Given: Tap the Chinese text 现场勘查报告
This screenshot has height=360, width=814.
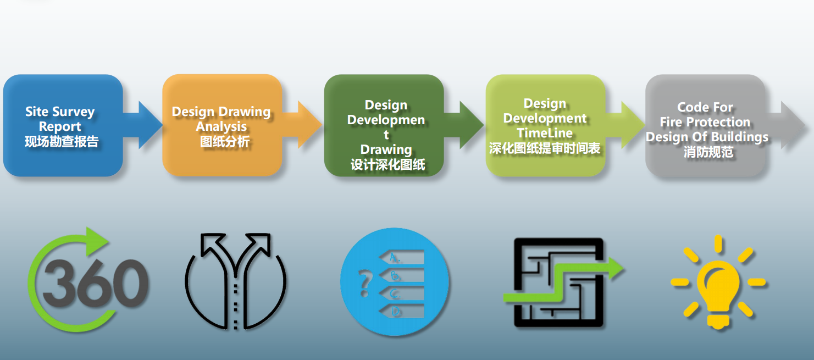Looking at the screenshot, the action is click(62, 141).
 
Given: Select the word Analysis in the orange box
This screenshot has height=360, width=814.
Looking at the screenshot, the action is click(222, 126).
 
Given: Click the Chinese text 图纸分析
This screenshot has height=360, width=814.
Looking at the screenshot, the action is click(225, 142).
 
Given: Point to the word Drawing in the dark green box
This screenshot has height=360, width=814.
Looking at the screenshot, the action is click(386, 149).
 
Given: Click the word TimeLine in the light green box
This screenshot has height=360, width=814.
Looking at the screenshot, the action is click(545, 133).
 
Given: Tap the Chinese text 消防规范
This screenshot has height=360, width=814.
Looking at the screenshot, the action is click(708, 152).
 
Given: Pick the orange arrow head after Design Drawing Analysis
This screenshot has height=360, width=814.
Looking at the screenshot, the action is click(309, 125).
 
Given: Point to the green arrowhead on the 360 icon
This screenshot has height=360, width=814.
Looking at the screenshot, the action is click(97, 241).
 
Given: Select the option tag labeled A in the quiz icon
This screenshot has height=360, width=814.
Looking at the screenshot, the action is click(402, 258).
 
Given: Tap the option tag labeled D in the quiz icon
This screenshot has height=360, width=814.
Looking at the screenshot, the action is click(402, 311).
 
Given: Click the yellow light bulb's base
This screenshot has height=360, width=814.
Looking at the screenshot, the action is click(718, 320).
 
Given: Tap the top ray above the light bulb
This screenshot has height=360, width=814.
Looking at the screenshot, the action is click(718, 243).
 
